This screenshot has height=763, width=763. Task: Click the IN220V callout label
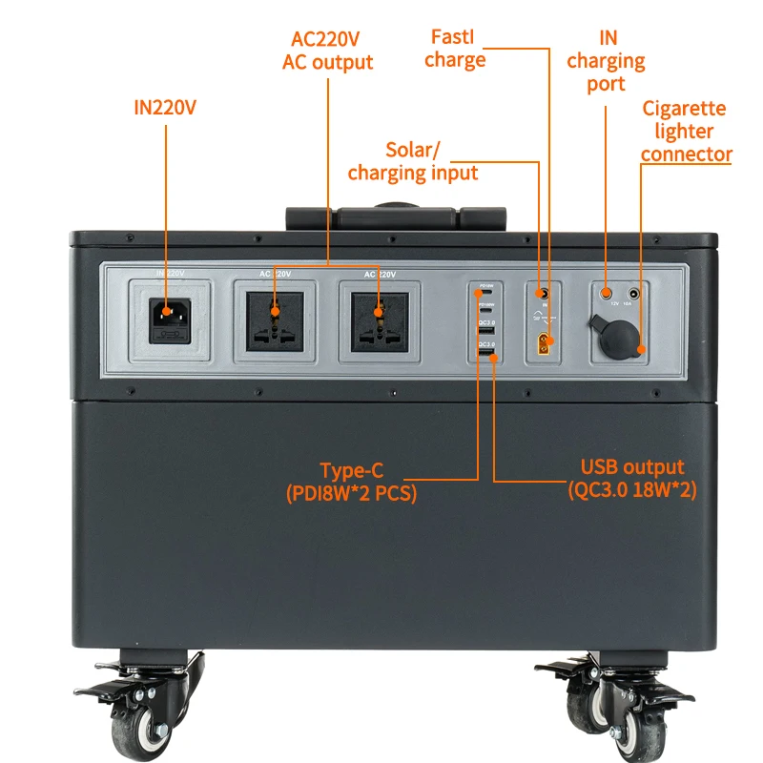[x=165, y=107]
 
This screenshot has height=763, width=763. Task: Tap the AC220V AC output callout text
[x=327, y=52]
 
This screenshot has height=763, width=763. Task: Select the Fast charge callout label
[x=455, y=49]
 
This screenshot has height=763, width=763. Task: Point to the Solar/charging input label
[x=413, y=161]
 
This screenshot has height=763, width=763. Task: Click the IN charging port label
[x=606, y=61]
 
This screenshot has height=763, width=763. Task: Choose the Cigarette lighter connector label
[x=685, y=132]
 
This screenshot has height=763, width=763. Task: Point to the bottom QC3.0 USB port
[x=485, y=356]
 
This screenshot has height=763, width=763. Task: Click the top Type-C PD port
[x=485, y=295]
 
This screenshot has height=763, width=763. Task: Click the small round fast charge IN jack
[x=543, y=293]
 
